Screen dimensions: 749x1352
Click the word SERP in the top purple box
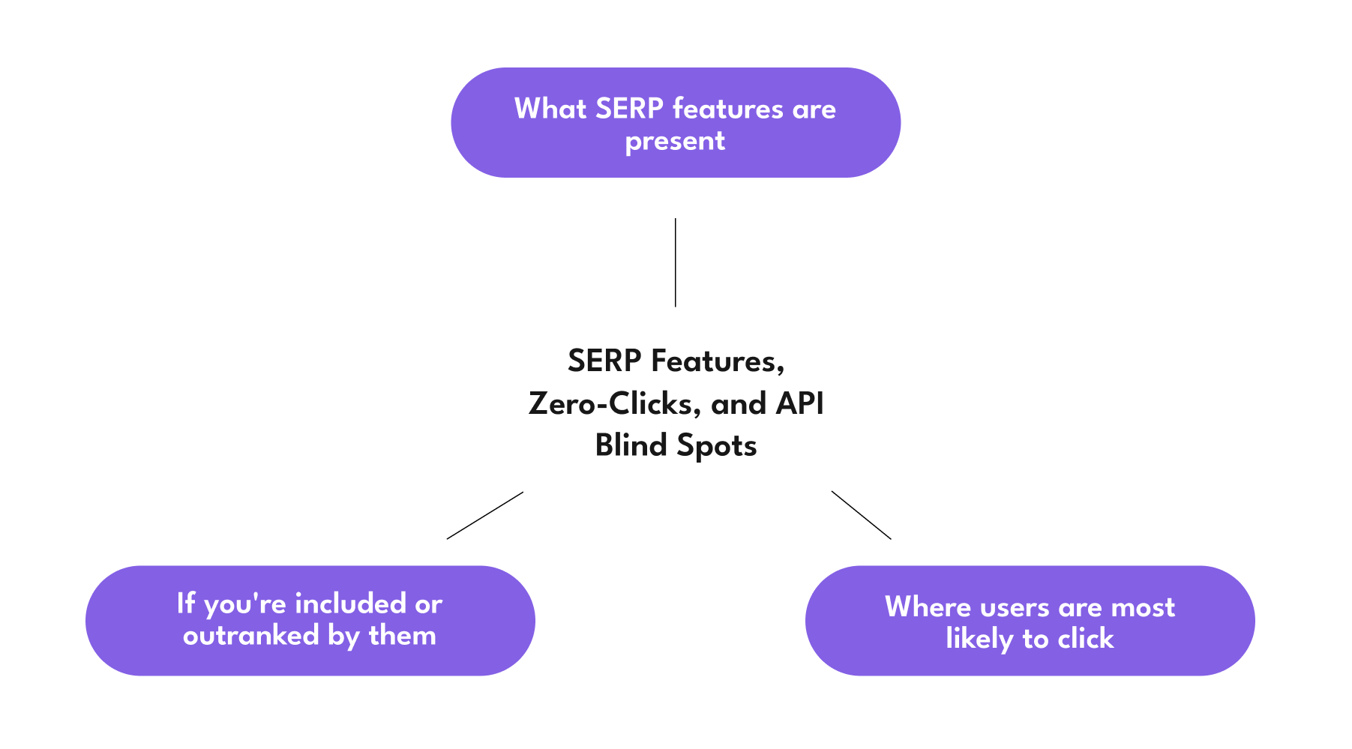(x=629, y=109)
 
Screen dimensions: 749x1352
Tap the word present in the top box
(x=675, y=141)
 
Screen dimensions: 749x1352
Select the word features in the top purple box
(x=727, y=109)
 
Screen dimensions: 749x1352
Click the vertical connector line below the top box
(x=675, y=262)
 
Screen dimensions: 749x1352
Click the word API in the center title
(x=799, y=404)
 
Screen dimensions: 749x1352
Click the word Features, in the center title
(x=718, y=361)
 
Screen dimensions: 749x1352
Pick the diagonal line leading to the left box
(x=485, y=515)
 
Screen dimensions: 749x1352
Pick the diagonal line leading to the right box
(x=861, y=515)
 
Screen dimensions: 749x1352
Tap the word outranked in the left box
(x=251, y=637)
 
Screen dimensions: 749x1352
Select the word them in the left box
(x=402, y=637)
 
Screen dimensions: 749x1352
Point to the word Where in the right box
(x=928, y=607)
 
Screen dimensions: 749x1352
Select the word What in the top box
(x=550, y=109)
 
